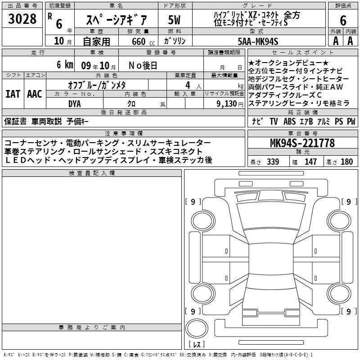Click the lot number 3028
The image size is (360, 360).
(x=22, y=19)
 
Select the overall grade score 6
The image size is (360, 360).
(x=343, y=20)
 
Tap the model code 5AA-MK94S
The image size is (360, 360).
(x=258, y=41)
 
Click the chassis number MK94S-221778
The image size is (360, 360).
(x=302, y=143)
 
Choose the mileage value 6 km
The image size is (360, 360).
(x=65, y=64)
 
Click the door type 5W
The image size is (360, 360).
(x=174, y=20)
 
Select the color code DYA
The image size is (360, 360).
(x=75, y=104)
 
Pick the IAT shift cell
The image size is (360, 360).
(x=13, y=94)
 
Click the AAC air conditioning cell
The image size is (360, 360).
(x=35, y=94)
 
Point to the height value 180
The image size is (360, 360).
(x=346, y=162)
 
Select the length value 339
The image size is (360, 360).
(x=273, y=162)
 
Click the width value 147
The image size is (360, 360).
(x=310, y=162)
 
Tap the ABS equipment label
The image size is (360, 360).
(x=289, y=121)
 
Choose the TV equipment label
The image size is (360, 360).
(x=274, y=121)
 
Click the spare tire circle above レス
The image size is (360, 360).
(x=197, y=328)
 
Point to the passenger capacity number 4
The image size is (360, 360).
(x=188, y=85)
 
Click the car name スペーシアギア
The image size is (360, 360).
(x=116, y=20)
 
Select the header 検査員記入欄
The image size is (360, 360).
(x=92, y=173)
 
